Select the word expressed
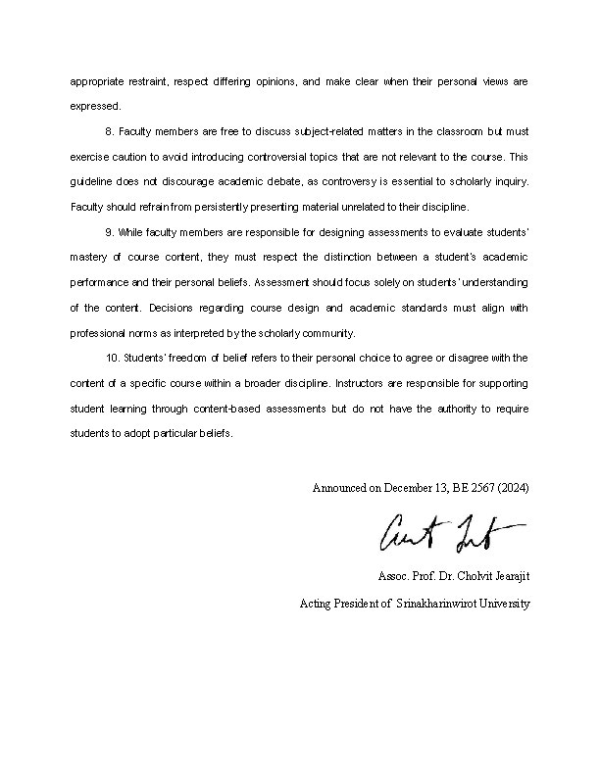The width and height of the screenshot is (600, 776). point(95,106)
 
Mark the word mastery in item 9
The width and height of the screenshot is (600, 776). point(89,258)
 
